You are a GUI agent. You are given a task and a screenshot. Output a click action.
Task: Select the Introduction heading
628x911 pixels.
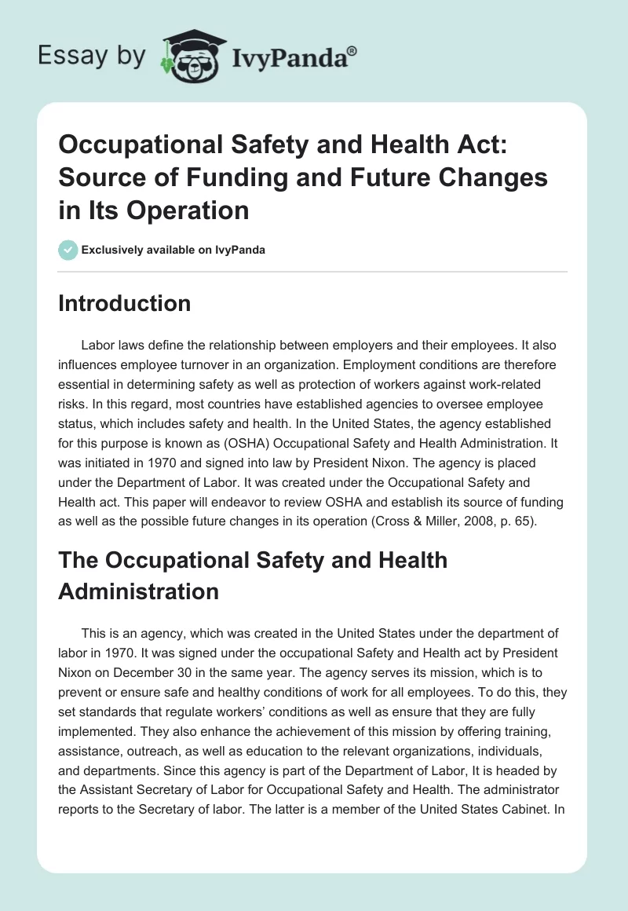(x=124, y=303)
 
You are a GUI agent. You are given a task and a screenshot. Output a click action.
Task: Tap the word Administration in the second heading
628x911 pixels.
(x=138, y=591)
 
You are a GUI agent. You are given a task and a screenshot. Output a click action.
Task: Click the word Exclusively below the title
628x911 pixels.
(x=110, y=251)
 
